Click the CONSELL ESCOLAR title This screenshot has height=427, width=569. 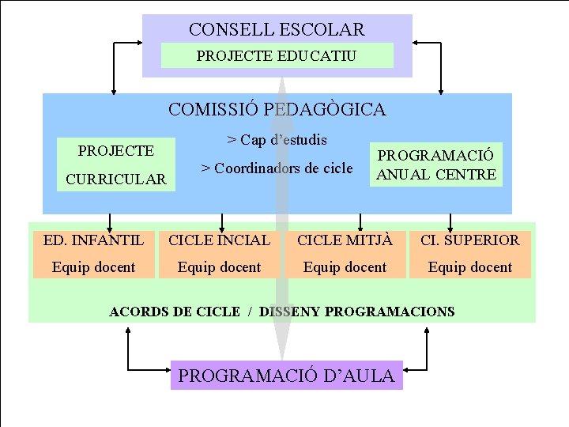tap(277, 30)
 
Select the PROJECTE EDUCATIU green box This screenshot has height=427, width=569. tap(277, 56)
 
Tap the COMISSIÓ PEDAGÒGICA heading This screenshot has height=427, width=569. tap(277, 109)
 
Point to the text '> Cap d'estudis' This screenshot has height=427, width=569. tap(277, 140)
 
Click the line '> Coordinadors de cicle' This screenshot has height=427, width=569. tap(277, 168)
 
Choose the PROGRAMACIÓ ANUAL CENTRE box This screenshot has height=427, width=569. tap(436, 164)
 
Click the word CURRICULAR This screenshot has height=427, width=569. tap(116, 179)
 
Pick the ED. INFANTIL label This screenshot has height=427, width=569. tap(94, 240)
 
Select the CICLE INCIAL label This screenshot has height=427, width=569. tap(219, 240)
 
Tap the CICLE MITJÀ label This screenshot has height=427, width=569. tap(345, 240)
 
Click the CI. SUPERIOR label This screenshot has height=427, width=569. tap(470, 240)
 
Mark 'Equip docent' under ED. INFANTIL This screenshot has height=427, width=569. tap(94, 267)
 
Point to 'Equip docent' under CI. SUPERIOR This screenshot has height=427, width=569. tap(470, 267)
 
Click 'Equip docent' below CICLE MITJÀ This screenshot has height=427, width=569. tap(345, 267)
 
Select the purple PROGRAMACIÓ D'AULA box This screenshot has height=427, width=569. tap(286, 376)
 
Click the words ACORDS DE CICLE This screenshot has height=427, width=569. tap(174, 312)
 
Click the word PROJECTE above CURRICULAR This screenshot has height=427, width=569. tap(115, 150)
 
